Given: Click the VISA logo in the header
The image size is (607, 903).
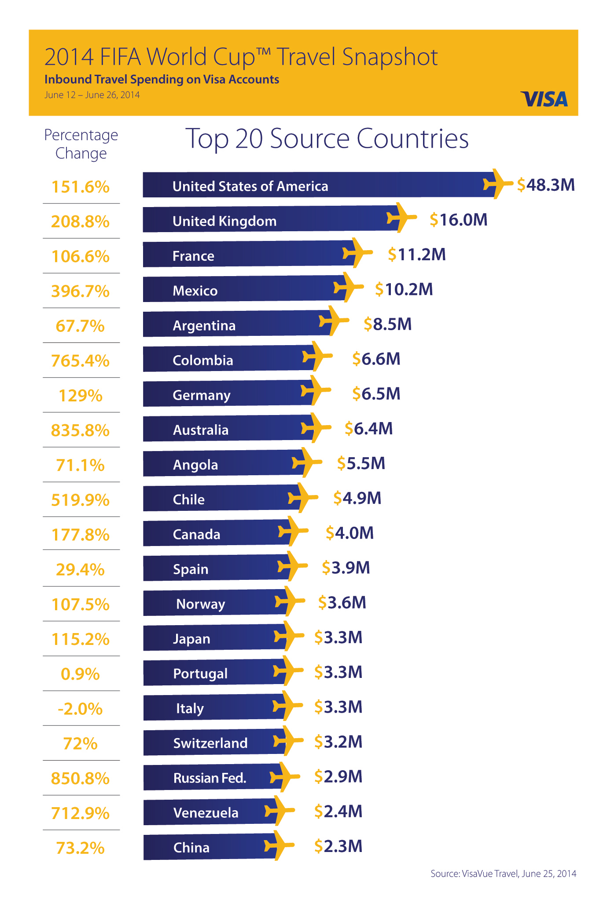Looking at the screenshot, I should (x=544, y=99).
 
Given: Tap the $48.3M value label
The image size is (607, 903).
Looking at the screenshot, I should (x=546, y=185).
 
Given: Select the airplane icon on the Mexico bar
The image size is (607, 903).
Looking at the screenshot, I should (x=348, y=287).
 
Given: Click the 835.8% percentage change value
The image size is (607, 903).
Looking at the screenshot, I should (x=80, y=430).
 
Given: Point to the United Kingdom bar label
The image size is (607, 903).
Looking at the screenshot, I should (x=224, y=221).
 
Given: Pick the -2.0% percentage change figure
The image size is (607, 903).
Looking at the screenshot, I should (x=80, y=709).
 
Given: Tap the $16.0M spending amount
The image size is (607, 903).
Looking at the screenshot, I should (x=459, y=220).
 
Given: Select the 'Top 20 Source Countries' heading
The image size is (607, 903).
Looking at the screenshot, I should (x=327, y=138).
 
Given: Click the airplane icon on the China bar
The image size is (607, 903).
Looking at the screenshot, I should (x=279, y=845).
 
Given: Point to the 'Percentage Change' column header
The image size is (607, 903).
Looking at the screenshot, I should (x=81, y=144).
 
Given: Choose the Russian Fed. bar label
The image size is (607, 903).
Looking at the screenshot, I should (x=210, y=778).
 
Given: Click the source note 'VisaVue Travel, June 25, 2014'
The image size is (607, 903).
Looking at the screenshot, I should (x=503, y=874).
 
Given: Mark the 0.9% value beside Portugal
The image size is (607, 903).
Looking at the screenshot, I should (x=80, y=674).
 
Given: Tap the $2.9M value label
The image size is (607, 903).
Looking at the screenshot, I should (x=338, y=777).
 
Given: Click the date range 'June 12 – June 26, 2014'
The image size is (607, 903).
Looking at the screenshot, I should (x=92, y=95).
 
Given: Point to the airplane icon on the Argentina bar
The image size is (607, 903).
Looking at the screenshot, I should (x=334, y=321).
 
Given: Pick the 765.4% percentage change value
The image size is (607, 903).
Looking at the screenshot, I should (x=80, y=361).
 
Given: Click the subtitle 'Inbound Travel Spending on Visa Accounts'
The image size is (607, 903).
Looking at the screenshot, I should (x=162, y=80).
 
